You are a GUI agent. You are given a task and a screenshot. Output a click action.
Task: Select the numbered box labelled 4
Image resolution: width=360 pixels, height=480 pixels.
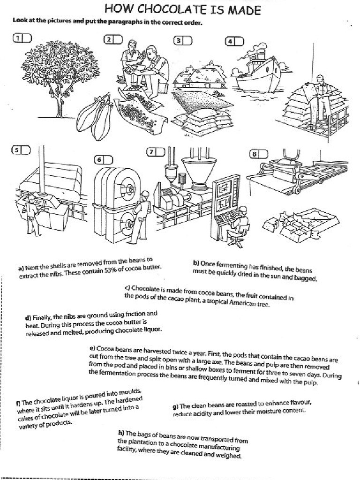click(x=235, y=41)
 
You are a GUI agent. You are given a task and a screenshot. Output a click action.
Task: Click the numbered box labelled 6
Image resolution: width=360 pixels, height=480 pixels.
click(x=104, y=160)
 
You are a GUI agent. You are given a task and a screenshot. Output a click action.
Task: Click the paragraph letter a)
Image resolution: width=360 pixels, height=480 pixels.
click(x=21, y=269)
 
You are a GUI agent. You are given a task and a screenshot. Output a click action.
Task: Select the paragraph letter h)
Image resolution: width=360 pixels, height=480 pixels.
click(x=120, y=433)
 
